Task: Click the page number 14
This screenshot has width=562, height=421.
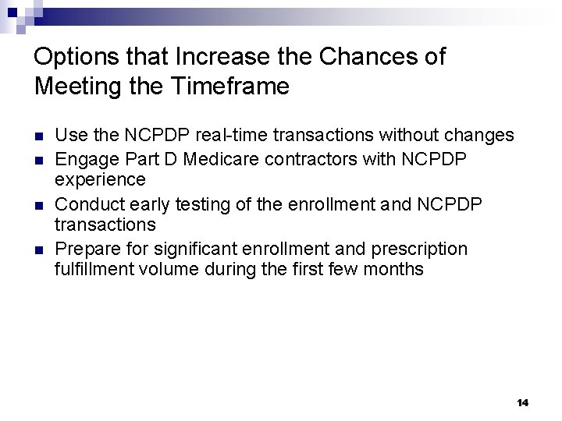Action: pos(522,402)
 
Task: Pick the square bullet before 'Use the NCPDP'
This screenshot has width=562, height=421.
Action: pos(39,136)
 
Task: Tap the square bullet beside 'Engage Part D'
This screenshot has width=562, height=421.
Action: pos(39,159)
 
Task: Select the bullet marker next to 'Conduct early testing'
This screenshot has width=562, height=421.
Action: pos(39,204)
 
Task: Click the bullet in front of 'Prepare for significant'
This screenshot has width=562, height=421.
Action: pos(39,249)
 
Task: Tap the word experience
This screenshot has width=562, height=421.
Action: pos(100,180)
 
